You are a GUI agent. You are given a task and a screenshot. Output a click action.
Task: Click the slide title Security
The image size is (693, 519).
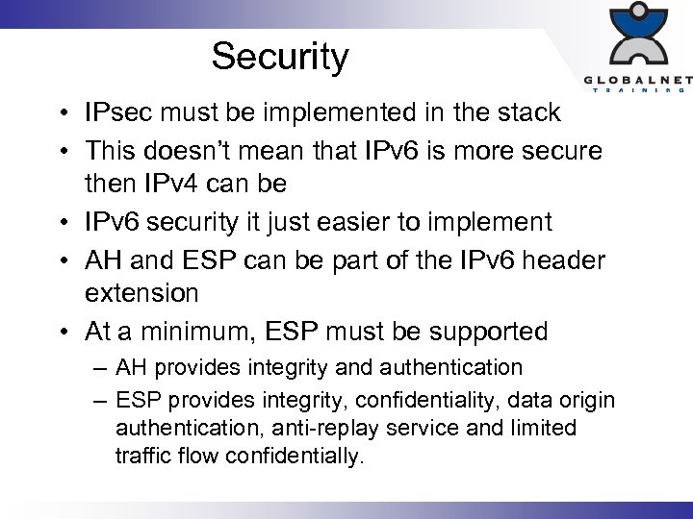(279, 57)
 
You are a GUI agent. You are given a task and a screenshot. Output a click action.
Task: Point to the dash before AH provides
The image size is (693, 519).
(100, 368)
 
